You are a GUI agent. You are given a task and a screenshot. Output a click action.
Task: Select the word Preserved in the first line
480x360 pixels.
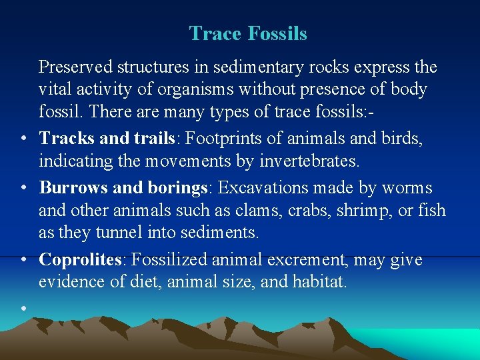pyautogui.click(x=75, y=67)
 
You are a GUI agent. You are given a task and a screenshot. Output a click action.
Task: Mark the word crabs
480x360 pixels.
pyautogui.click(x=301, y=211)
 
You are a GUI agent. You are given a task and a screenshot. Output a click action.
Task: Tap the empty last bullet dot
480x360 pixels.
pyautogui.click(x=23, y=307)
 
